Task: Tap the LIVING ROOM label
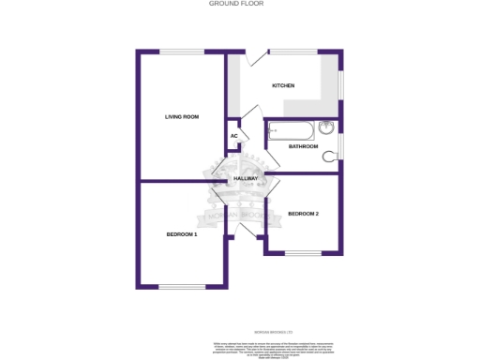[x=182, y=117]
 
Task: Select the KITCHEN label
[x=283, y=85]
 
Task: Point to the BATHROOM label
[x=303, y=146]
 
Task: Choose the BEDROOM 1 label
[x=182, y=233]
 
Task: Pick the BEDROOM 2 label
[x=304, y=214]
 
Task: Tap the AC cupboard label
[x=234, y=137]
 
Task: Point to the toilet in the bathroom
[x=330, y=157]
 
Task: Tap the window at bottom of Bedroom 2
[x=303, y=253]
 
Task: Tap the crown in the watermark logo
[x=240, y=166]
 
